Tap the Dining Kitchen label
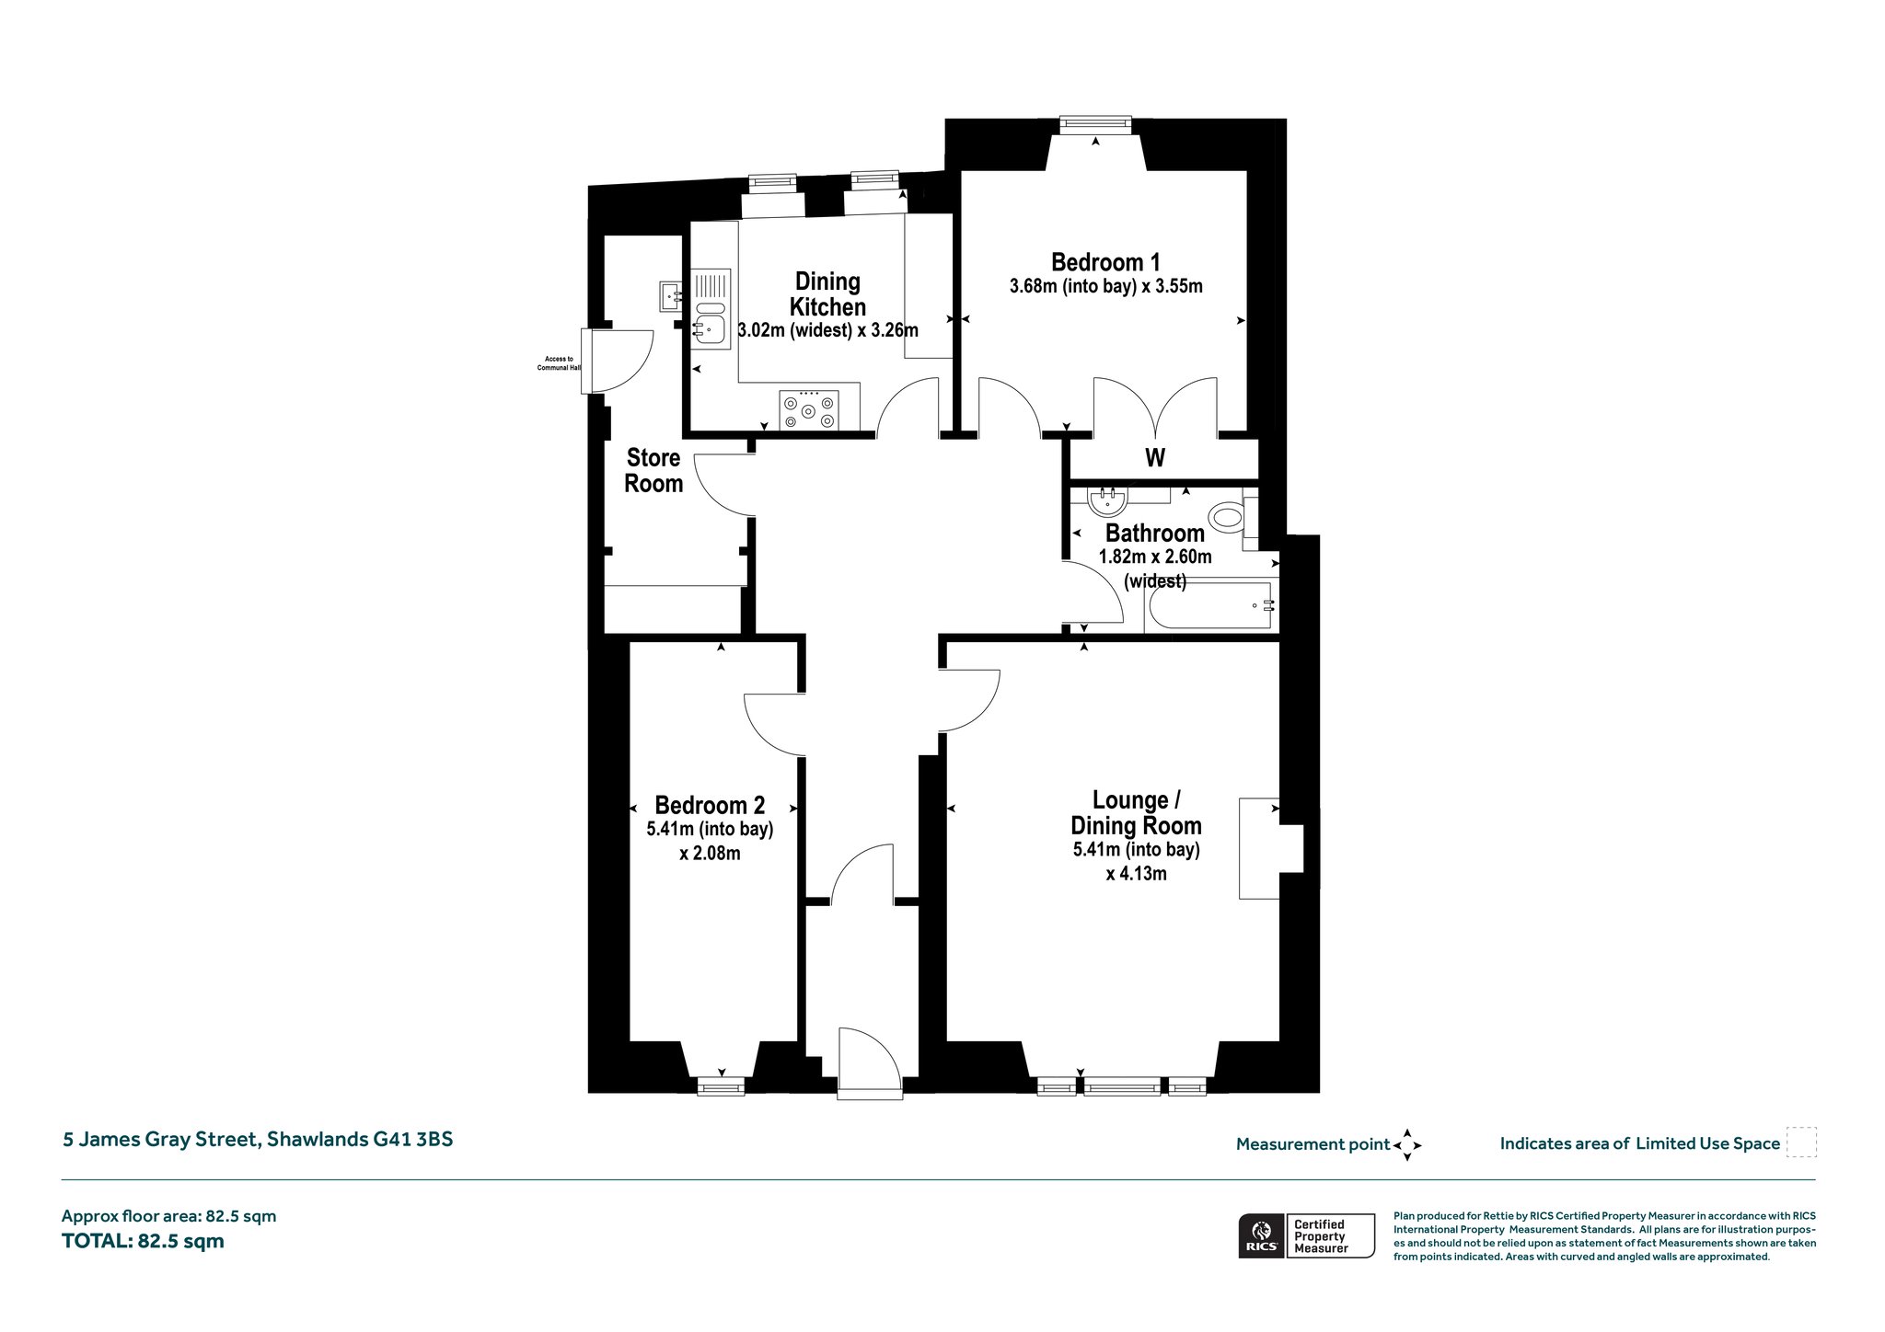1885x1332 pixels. pyautogui.click(x=827, y=294)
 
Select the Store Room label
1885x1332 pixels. pyautogui.click(x=653, y=471)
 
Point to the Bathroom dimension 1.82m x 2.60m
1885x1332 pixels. pyautogui.click(x=1155, y=557)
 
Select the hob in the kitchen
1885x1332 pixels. pyautogui.click(x=808, y=410)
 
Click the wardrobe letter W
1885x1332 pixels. pyautogui.click(x=1155, y=457)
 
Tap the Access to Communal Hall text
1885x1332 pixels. pyautogui.click(x=560, y=363)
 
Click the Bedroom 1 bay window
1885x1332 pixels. pyautogui.click(x=1095, y=123)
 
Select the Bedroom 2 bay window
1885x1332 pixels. pyautogui.click(x=721, y=1087)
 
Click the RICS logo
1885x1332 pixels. pyautogui.click(x=1261, y=1235)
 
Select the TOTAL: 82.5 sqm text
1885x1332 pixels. pyautogui.click(x=143, y=1241)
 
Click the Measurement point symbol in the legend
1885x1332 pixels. pyautogui.click(x=1407, y=1145)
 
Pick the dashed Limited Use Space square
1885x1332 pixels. pyautogui.click(x=1801, y=1143)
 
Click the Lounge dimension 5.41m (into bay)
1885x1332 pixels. pyautogui.click(x=1137, y=849)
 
